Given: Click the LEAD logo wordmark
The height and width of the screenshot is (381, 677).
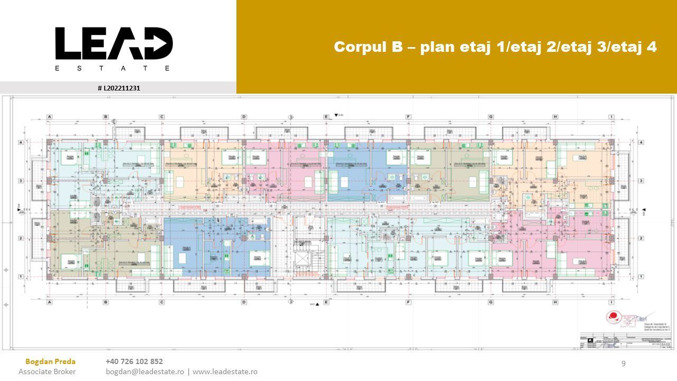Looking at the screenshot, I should (x=114, y=43).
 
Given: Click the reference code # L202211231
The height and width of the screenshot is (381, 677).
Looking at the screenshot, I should (x=118, y=88).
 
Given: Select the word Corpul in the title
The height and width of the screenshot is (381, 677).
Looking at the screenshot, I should (x=360, y=47).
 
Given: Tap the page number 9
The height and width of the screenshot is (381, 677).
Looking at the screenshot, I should (x=624, y=363).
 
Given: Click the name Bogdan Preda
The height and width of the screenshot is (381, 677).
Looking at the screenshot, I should (x=50, y=361).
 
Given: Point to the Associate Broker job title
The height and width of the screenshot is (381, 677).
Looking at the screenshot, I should (x=47, y=371).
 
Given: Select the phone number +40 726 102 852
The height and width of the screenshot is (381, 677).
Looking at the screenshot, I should (x=134, y=361).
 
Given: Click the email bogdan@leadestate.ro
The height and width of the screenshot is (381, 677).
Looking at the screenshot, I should (x=145, y=371).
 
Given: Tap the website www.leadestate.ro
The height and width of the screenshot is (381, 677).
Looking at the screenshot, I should (x=225, y=371).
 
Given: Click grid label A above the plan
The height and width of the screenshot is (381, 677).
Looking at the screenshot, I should (x=49, y=116).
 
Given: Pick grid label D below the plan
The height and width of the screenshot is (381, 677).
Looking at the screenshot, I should (x=244, y=303).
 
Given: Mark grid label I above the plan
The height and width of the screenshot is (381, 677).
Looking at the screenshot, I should (x=611, y=116).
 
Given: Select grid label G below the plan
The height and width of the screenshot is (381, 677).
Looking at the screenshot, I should (x=491, y=303).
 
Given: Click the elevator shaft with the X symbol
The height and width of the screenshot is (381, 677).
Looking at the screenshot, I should (x=302, y=259).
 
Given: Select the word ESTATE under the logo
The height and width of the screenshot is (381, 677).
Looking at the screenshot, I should (x=113, y=68).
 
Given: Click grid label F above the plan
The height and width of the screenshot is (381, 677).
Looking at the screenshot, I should (x=408, y=116).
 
